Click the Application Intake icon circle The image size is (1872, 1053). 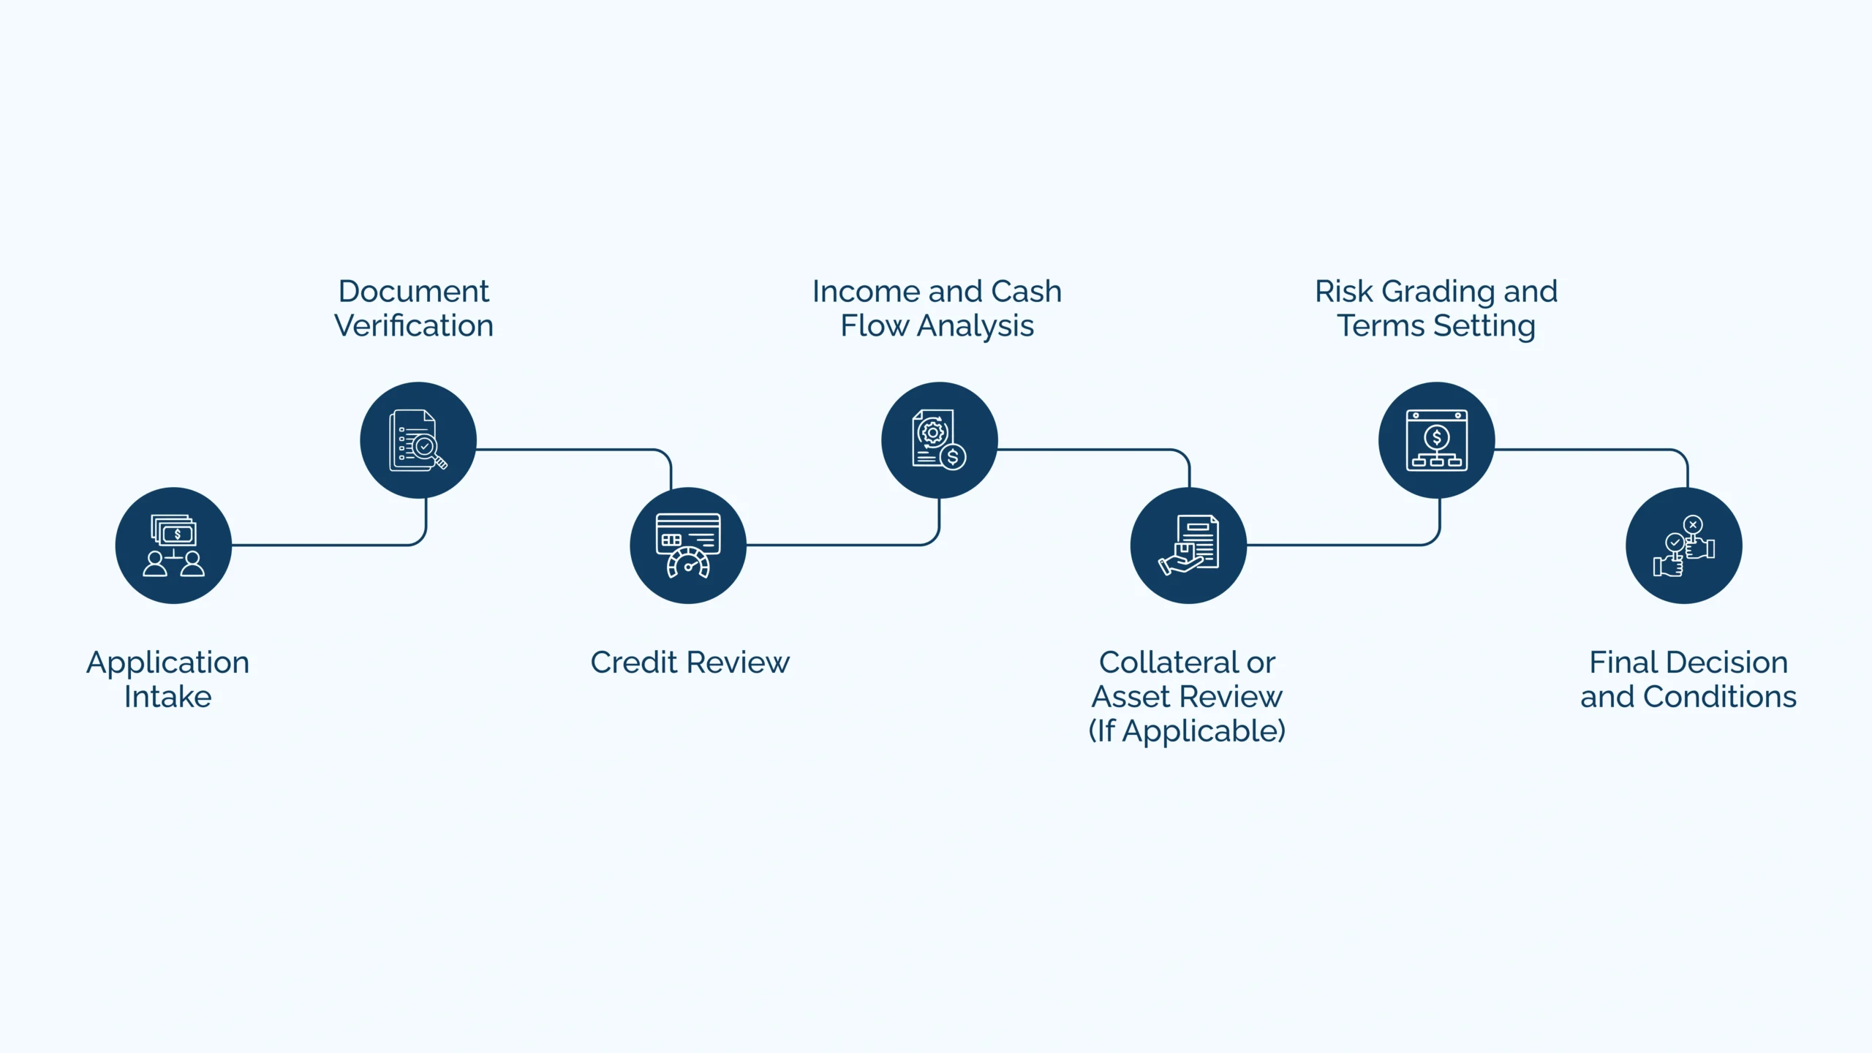point(173,546)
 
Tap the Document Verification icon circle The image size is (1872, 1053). point(418,440)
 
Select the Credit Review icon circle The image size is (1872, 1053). point(688,546)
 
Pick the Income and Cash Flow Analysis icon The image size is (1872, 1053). point(940,440)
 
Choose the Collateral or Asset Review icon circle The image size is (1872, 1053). point(1188,546)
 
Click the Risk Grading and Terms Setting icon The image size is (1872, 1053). point(1437,440)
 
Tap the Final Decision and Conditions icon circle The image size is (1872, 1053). point(1684,546)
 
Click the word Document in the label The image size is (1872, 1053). point(413,291)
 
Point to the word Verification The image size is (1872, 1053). point(413,325)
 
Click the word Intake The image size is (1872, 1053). point(167,696)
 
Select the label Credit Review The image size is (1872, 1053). point(690,663)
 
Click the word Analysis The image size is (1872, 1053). point(975,326)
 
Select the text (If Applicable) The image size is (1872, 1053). point(1187,731)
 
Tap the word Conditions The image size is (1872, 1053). point(1720,696)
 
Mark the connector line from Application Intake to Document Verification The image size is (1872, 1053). point(329,545)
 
